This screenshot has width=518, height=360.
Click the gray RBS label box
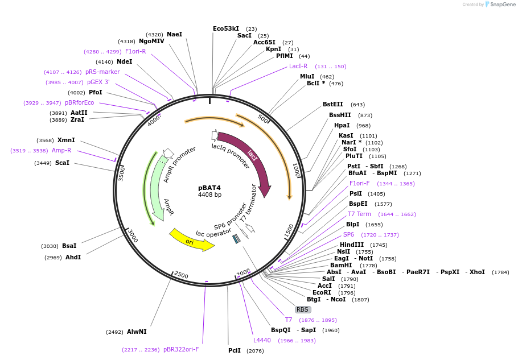pos(302,309)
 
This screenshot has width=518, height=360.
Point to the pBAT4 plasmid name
pos(209,188)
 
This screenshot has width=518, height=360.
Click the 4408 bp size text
pos(209,195)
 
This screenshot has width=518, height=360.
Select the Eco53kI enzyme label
pos(226,28)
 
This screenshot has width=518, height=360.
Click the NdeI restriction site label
pos(124,61)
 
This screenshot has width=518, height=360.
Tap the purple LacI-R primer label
pos(298,67)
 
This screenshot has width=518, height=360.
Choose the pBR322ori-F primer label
pos(181,349)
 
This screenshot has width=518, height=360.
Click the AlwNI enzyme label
pos(137,332)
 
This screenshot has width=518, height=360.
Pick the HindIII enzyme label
pos(352,245)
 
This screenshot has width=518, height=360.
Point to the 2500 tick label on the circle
pos(181,275)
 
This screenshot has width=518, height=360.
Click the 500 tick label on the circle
pos(263,119)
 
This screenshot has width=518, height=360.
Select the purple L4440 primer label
pos(262,340)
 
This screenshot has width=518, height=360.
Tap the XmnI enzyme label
pos(66,140)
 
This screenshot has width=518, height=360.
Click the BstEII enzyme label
pos(333,104)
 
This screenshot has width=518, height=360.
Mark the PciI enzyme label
pos(235,350)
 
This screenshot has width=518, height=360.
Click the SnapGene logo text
pos(503,5)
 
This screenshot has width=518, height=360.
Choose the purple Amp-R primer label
pos(61,150)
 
